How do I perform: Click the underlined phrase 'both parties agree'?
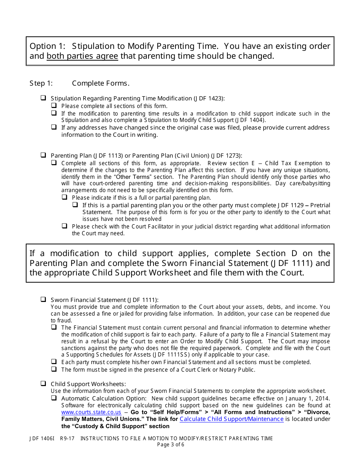(x=82, y=56)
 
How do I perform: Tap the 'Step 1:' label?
(x=41, y=83)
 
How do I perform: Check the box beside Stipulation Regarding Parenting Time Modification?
(x=44, y=98)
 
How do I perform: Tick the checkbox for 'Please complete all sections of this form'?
(x=54, y=106)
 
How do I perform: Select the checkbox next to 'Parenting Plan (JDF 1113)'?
(x=44, y=155)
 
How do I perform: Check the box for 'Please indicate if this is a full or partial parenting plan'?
(x=65, y=197)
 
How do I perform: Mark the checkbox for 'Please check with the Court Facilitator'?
(x=65, y=226)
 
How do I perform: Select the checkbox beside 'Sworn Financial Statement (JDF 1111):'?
(x=44, y=299)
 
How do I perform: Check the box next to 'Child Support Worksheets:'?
(x=44, y=383)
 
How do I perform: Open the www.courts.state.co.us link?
(x=91, y=412)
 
